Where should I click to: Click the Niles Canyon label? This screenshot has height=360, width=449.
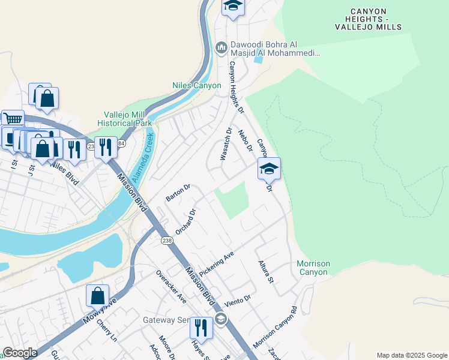click(196, 86)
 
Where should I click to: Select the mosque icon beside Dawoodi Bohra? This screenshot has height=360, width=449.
click(221, 47)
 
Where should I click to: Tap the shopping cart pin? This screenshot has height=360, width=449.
click(12, 119)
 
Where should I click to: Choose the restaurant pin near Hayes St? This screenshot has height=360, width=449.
click(201, 328)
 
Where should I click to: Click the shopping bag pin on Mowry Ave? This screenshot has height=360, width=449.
click(97, 296)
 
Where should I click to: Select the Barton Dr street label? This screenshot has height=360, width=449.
click(178, 193)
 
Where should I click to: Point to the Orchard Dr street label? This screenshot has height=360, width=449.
click(185, 221)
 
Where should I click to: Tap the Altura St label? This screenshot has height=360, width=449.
click(265, 272)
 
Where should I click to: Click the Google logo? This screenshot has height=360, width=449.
click(20, 352)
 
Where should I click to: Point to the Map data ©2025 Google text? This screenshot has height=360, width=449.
click(411, 355)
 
